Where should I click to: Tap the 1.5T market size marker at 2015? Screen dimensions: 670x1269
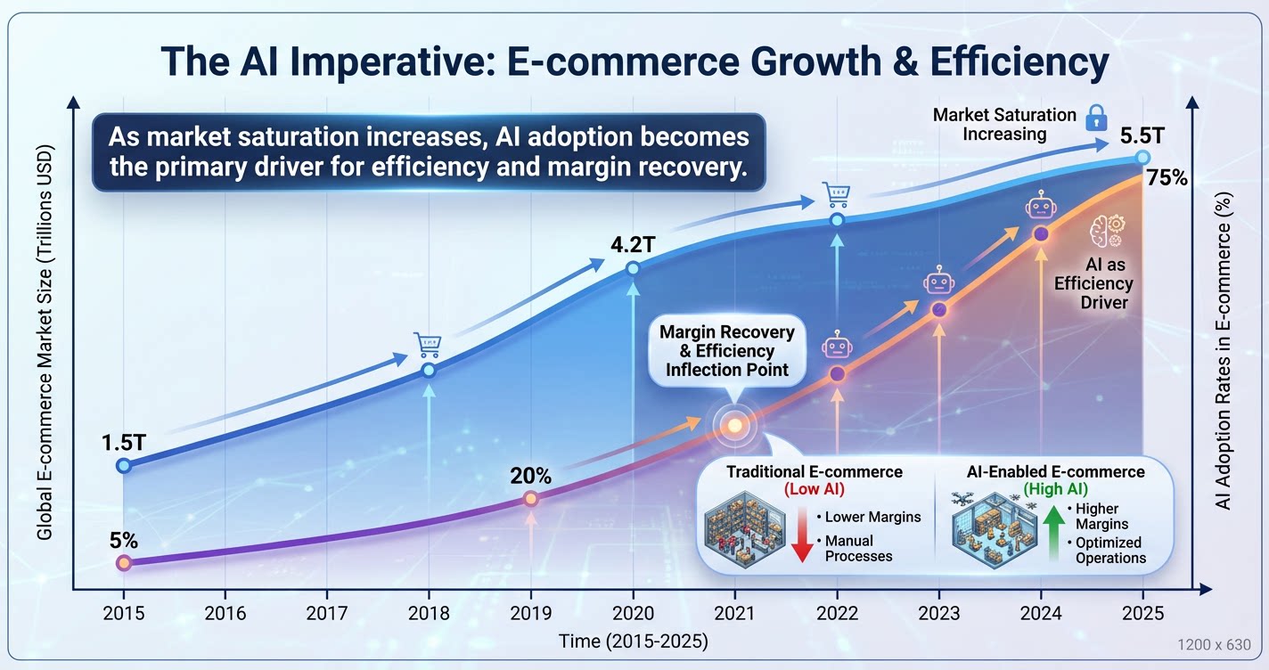[x=124, y=465]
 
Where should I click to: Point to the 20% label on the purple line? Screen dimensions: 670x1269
[x=530, y=476]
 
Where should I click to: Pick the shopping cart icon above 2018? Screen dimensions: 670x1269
[x=428, y=344]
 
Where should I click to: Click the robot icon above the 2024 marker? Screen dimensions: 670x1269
[x=1041, y=208]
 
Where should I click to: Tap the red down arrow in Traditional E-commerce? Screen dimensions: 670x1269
[x=801, y=535]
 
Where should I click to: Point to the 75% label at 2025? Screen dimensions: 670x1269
[x=1167, y=177]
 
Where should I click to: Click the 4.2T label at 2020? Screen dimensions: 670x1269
[x=633, y=242]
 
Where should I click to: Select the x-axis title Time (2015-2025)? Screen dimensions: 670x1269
[x=634, y=641]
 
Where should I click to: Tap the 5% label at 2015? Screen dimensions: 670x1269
[x=124, y=539]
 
